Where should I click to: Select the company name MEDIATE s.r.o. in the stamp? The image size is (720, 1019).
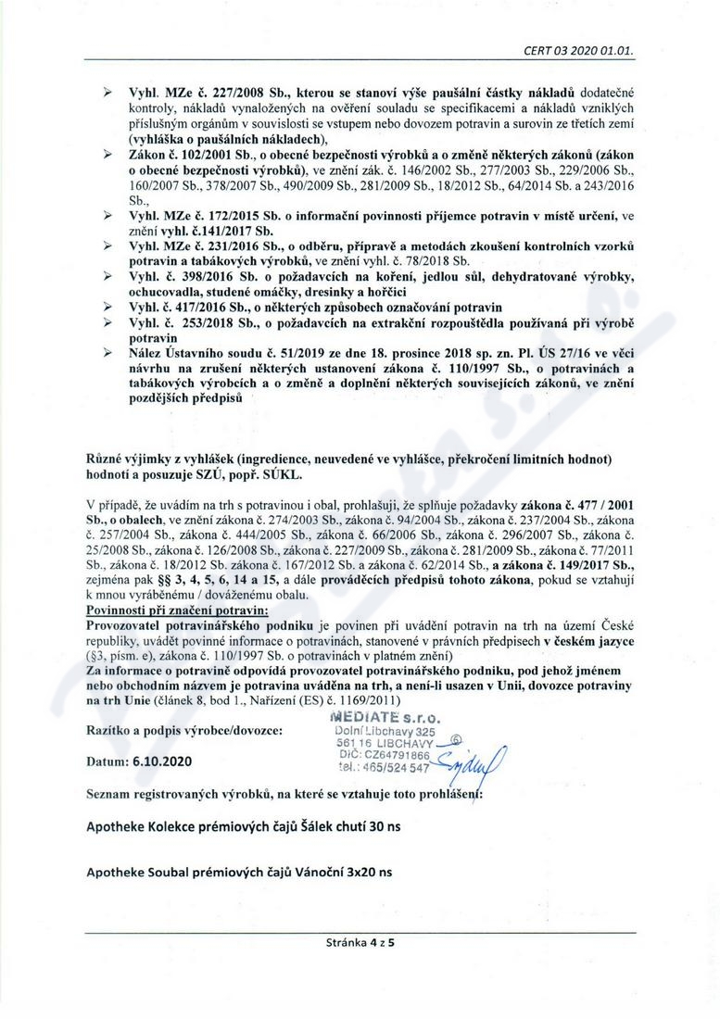coord(383,717)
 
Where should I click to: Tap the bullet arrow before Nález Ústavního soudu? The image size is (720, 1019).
coord(107,352)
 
